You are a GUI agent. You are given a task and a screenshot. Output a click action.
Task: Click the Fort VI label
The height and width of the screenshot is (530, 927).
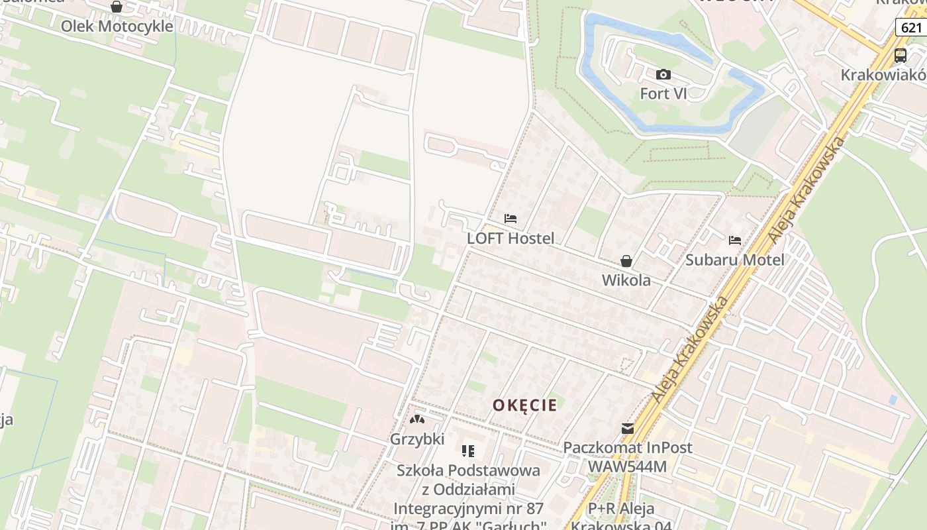pyautogui.click(x=663, y=93)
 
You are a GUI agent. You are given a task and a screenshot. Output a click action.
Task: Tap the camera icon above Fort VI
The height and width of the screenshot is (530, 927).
pyautogui.click(x=663, y=75)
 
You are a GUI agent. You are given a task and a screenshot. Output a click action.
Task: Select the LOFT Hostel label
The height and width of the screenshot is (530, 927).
pyautogui.click(x=511, y=238)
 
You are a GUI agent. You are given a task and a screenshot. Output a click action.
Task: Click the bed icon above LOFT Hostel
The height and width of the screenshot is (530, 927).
pyautogui.click(x=511, y=219)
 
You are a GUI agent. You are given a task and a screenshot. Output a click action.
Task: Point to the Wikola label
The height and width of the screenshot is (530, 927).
pyautogui.click(x=626, y=280)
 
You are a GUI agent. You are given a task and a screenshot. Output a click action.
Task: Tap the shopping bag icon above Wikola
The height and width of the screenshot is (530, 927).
pyautogui.click(x=626, y=261)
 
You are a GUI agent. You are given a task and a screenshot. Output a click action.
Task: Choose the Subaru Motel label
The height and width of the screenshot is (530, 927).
pyautogui.click(x=734, y=260)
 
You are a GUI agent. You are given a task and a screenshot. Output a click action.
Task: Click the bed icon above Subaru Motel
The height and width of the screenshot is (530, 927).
pyautogui.click(x=734, y=240)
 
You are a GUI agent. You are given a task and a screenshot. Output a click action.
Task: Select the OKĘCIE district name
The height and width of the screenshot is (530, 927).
pyautogui.click(x=524, y=405)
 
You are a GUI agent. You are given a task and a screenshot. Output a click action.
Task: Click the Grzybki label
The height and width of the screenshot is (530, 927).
pyautogui.click(x=417, y=439)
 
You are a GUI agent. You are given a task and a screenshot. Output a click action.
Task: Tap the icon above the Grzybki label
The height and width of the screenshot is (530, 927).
pyautogui.click(x=416, y=419)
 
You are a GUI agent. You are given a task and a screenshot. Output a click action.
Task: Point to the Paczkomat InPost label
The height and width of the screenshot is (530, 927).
pyautogui.click(x=627, y=447)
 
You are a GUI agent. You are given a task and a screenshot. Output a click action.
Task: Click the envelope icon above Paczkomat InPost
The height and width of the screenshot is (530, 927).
pyautogui.click(x=627, y=429)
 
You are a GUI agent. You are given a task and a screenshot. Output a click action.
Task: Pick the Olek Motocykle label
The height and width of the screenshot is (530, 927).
pyautogui.click(x=117, y=26)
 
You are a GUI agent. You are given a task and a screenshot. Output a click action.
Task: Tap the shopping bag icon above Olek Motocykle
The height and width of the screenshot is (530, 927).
pyautogui.click(x=117, y=7)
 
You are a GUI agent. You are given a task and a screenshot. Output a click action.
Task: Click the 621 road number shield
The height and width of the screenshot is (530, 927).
pyautogui.click(x=911, y=27)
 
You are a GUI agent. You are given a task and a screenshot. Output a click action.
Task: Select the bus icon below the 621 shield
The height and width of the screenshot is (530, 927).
pyautogui.click(x=901, y=55)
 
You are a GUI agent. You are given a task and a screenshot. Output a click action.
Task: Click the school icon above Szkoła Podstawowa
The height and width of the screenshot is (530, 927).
pyautogui.click(x=468, y=451)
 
